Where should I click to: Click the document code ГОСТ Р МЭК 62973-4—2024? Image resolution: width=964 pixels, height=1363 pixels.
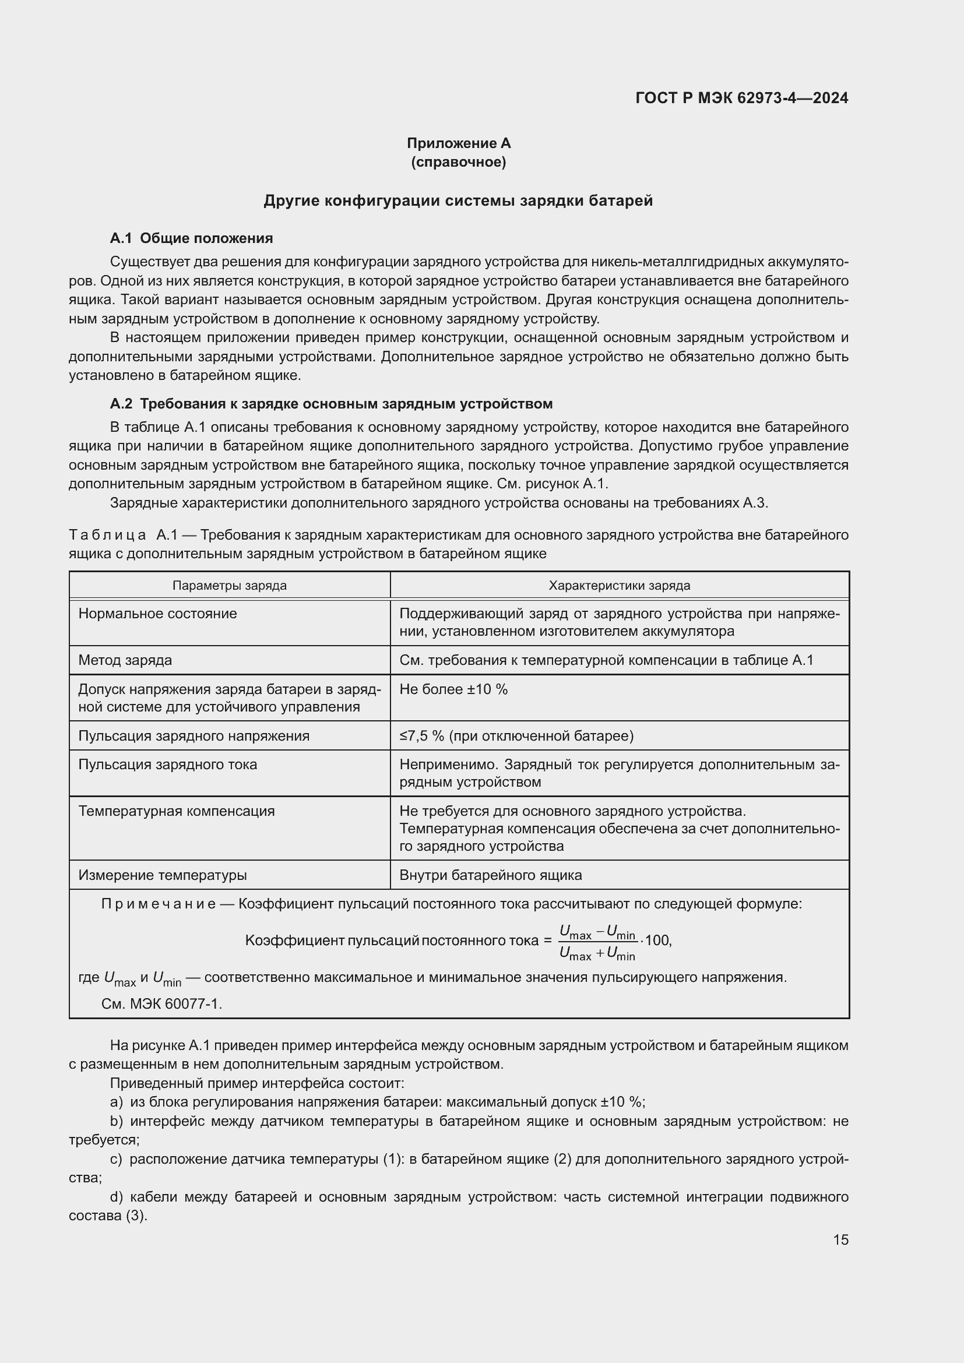click(741, 98)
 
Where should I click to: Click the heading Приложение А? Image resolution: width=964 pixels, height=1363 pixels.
click(458, 143)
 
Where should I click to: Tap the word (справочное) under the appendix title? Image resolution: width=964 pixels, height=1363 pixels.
click(458, 162)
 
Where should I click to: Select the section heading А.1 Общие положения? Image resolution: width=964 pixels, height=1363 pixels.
click(191, 238)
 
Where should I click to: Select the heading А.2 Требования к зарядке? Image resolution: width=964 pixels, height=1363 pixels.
click(330, 404)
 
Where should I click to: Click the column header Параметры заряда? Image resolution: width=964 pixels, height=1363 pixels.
click(229, 585)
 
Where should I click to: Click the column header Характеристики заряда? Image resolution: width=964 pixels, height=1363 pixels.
click(619, 585)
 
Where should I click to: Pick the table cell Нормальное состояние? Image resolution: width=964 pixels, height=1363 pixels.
click(157, 613)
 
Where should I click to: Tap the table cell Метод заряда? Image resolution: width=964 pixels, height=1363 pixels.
click(125, 660)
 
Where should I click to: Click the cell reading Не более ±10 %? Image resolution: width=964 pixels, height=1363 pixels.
click(453, 689)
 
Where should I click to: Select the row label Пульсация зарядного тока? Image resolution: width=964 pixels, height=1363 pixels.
click(167, 764)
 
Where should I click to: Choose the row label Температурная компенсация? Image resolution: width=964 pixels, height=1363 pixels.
click(176, 811)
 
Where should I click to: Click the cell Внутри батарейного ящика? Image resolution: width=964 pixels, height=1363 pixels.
click(490, 875)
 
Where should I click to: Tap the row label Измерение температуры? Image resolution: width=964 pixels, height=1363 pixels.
click(162, 875)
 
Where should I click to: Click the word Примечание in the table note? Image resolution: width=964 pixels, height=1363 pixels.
click(159, 904)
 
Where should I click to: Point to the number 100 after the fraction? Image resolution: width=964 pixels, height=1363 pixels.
click(656, 941)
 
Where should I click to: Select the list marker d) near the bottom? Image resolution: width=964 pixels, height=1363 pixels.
click(117, 1197)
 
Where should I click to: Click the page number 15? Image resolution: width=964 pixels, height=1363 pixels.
click(840, 1239)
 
